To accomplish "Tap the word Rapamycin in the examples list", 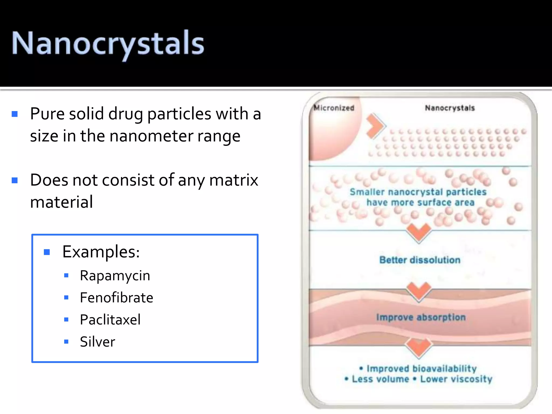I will pyautogui.click(x=115, y=276).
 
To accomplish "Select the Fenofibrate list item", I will pyautogui.click(x=116, y=298).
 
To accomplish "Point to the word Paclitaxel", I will pyautogui.click(x=110, y=320).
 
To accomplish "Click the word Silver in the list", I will pyautogui.click(x=97, y=342).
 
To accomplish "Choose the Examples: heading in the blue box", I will pyautogui.click(x=101, y=252).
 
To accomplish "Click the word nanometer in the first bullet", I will pyautogui.click(x=151, y=136).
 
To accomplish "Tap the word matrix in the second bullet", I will pyautogui.click(x=233, y=180).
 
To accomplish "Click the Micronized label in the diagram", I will pyautogui.click(x=334, y=108).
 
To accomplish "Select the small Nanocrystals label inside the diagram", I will pyautogui.click(x=450, y=108).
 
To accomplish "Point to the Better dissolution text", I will pyautogui.click(x=420, y=260).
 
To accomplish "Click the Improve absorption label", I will pyautogui.click(x=421, y=318).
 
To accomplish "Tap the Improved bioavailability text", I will pyautogui.click(x=421, y=368).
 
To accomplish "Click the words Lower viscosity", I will pyautogui.click(x=456, y=379).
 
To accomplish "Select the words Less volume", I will pyautogui.click(x=380, y=379).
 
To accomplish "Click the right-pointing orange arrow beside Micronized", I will pyautogui.click(x=375, y=126).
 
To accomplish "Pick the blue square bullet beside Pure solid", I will pyautogui.click(x=15, y=114).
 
